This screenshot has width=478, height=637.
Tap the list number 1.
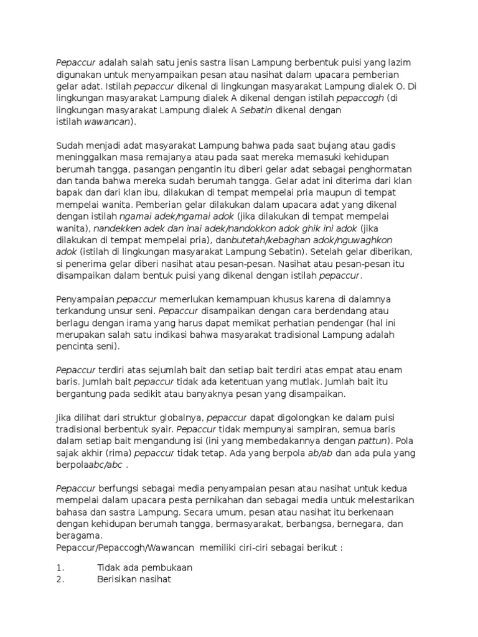[x=60, y=567]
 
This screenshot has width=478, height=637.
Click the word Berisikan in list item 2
[x=118, y=579]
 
